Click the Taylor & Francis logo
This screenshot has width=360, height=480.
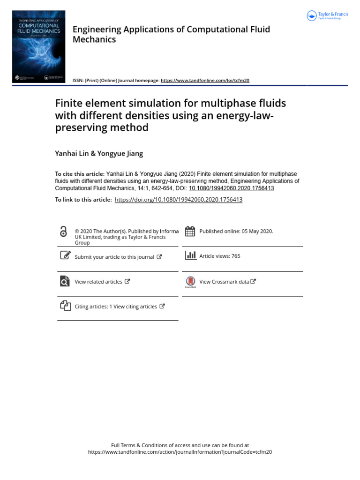(x=328, y=16)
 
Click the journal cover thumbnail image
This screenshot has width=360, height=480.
(x=39, y=47)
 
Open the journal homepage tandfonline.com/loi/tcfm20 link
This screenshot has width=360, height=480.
(x=205, y=80)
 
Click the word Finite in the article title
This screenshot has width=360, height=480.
(x=70, y=103)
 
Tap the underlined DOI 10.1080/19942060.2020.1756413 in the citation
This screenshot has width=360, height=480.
(x=231, y=188)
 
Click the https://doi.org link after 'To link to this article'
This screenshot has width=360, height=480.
(x=178, y=200)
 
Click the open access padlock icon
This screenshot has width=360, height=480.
(x=64, y=232)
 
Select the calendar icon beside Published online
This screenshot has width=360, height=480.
(x=190, y=231)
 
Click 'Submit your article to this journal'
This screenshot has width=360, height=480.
(x=114, y=257)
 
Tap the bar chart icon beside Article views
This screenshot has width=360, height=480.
(x=191, y=255)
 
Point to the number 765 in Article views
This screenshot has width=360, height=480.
(x=235, y=256)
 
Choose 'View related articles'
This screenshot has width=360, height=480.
(x=98, y=282)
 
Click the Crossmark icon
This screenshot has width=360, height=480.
(x=190, y=282)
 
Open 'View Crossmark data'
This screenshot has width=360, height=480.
(x=224, y=282)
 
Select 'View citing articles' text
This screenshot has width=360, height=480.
(x=135, y=307)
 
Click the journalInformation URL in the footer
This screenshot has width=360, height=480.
(x=180, y=452)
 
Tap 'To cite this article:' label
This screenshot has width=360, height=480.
(x=80, y=174)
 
